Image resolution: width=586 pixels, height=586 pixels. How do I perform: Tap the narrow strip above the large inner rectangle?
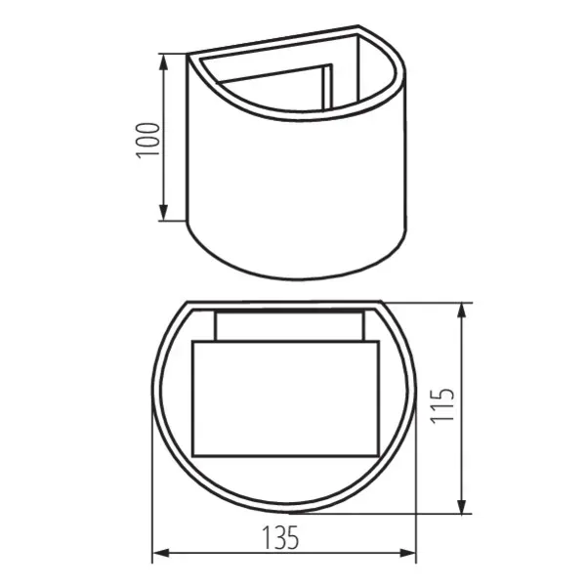(x=291, y=325)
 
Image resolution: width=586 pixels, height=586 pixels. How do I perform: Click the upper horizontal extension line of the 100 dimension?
(x=174, y=54)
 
